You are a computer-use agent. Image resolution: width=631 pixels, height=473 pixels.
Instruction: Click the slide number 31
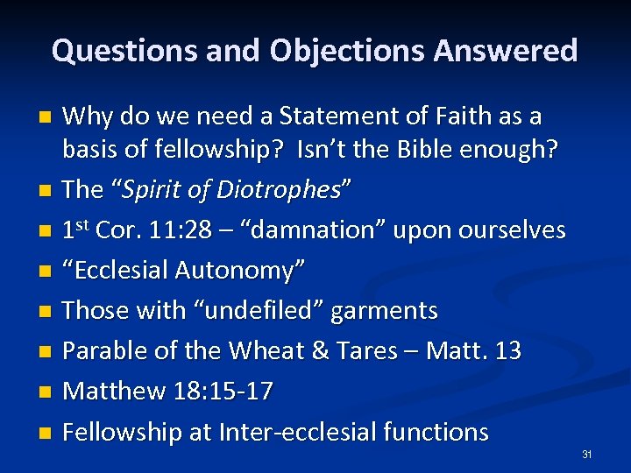point(587,455)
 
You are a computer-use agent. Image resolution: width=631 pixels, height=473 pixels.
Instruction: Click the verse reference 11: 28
point(170,230)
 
